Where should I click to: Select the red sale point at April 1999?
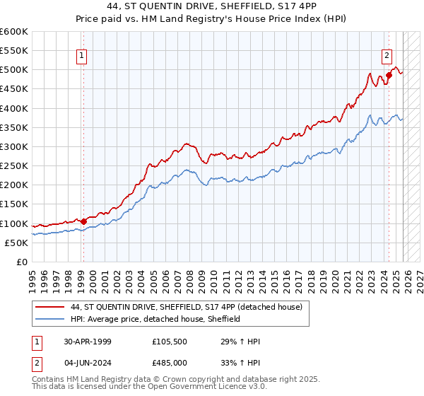pyautogui.click(x=83, y=221)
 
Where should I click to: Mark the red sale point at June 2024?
pyautogui.click(x=389, y=76)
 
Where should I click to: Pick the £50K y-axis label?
pyautogui.click(x=16, y=243)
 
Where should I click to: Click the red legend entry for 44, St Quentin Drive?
pyautogui.click(x=187, y=307)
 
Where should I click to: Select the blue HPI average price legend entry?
pyautogui.click(x=155, y=319)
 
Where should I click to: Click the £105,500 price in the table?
pyautogui.click(x=170, y=342)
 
